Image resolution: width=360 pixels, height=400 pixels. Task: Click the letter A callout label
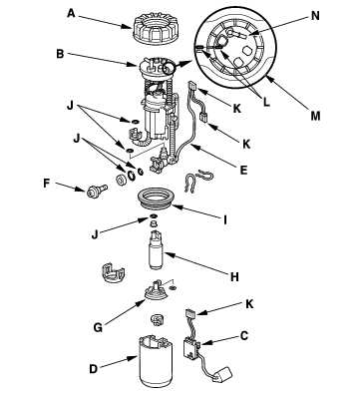71,14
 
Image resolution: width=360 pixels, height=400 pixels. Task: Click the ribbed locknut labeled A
154,28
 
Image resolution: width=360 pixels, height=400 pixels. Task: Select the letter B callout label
60,54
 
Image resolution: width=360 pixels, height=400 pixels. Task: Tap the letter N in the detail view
315,16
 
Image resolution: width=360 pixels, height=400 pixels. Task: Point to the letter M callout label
315,116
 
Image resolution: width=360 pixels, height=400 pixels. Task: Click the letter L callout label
266,102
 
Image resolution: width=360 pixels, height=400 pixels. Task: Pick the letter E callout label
243,170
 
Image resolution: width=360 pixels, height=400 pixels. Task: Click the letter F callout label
47,184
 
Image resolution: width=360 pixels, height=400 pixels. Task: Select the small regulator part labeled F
97,191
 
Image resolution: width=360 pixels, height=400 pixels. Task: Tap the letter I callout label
225,219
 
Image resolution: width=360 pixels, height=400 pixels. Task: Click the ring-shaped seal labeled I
156,199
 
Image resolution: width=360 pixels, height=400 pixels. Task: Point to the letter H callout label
234,276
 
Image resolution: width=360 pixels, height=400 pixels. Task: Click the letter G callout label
98,327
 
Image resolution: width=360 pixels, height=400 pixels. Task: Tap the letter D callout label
94,369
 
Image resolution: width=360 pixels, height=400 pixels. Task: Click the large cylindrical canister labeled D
156,365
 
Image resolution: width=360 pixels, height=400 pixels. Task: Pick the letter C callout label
244,336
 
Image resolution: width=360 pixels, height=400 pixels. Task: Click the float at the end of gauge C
223,374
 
